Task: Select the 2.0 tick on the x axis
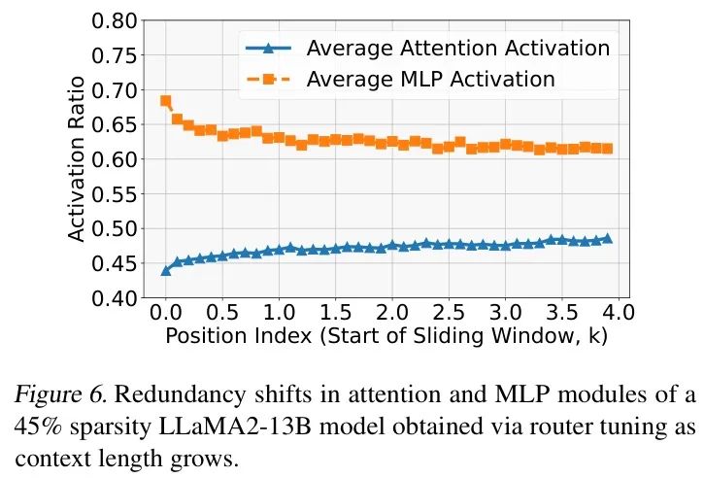(x=391, y=314)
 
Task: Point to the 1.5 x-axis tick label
(x=335, y=314)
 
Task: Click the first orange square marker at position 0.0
(x=166, y=101)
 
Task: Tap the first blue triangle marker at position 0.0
(x=166, y=270)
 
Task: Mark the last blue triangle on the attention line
(x=608, y=238)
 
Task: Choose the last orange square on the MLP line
(x=608, y=149)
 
